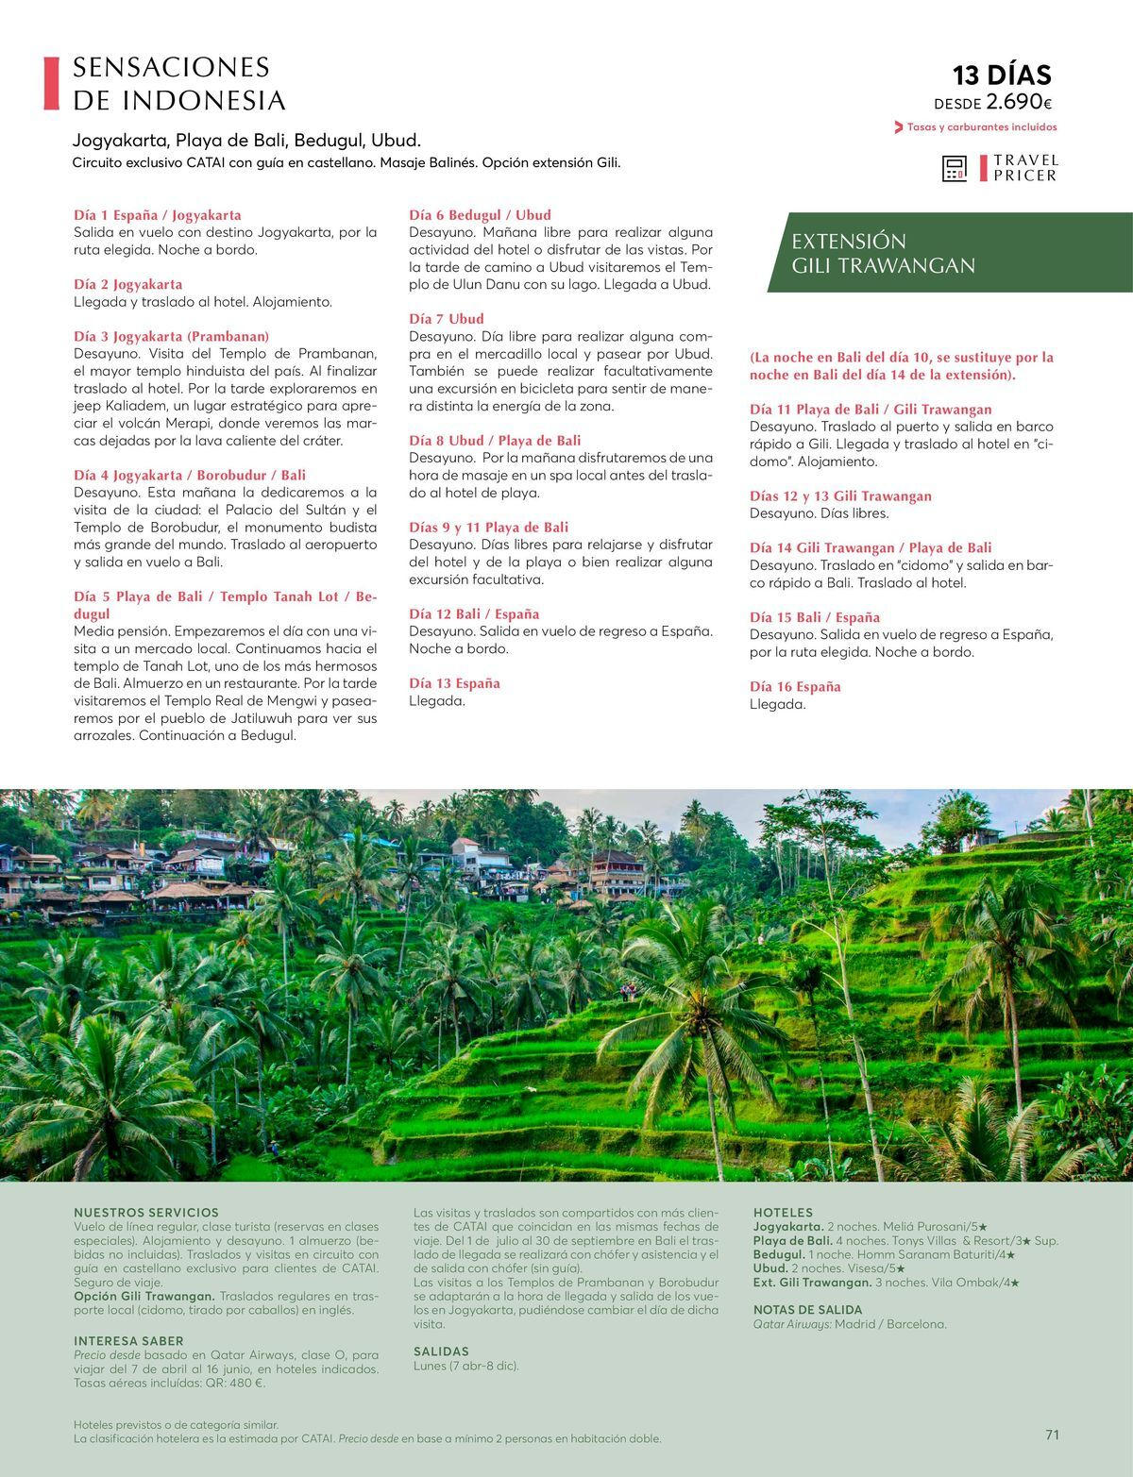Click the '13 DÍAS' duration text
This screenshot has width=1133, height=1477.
click(1001, 75)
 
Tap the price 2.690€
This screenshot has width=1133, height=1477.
click(1020, 102)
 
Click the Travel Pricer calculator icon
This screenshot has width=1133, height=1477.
click(955, 169)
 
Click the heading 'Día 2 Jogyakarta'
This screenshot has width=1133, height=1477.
click(128, 284)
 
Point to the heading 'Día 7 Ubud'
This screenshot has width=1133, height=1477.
click(446, 319)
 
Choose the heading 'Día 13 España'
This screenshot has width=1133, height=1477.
click(454, 683)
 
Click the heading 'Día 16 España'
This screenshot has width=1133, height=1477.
click(794, 687)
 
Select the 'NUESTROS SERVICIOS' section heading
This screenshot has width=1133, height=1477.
click(146, 1212)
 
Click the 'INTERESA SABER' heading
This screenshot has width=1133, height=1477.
click(128, 1340)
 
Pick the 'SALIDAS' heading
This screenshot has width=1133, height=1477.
click(441, 1351)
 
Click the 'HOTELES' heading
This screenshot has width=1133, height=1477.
click(783, 1212)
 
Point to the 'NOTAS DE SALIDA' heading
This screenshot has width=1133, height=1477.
click(807, 1310)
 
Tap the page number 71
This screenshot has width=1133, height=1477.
click(1052, 1435)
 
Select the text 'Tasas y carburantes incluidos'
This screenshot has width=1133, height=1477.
click(981, 127)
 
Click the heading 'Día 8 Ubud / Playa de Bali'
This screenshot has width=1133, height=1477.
click(495, 441)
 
